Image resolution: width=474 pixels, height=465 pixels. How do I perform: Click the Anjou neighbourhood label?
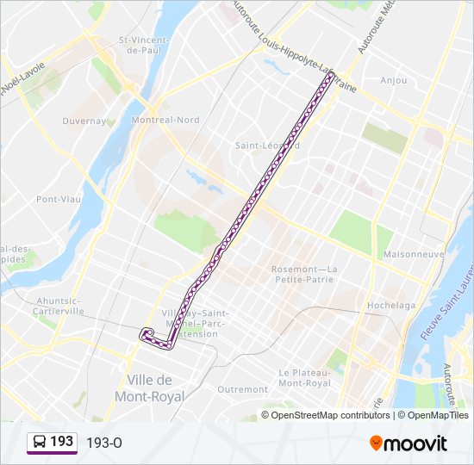(393, 81)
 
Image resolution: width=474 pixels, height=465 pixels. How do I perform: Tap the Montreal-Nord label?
(165, 120)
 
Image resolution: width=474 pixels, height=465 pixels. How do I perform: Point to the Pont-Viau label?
(57, 199)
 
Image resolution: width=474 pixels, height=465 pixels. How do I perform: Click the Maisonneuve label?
(413, 254)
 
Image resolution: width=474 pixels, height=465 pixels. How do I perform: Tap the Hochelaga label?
(391, 305)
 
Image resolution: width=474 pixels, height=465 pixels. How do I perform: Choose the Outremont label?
(243, 389)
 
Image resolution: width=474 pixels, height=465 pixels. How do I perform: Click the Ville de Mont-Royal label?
(150, 388)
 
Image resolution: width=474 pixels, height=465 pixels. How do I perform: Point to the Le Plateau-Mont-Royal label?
(304, 377)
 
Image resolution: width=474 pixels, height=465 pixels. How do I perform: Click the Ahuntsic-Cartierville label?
(59, 306)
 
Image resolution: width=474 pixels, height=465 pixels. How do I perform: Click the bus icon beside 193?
(40, 443)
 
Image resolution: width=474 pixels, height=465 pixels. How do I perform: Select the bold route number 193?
(61, 442)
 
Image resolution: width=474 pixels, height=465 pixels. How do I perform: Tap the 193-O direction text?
(104, 443)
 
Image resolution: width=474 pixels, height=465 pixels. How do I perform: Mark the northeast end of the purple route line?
(330, 76)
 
